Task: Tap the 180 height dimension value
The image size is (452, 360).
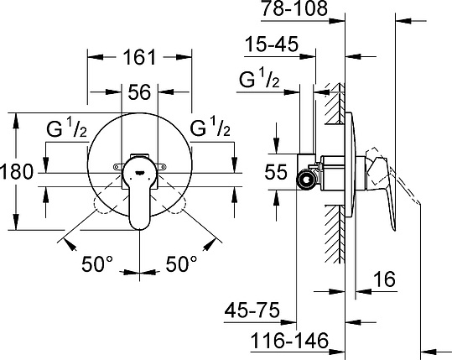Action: (17, 172)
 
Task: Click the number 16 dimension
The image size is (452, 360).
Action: (384, 281)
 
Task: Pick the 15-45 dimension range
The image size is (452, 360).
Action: (273, 45)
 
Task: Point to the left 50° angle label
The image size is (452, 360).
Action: (97, 264)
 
